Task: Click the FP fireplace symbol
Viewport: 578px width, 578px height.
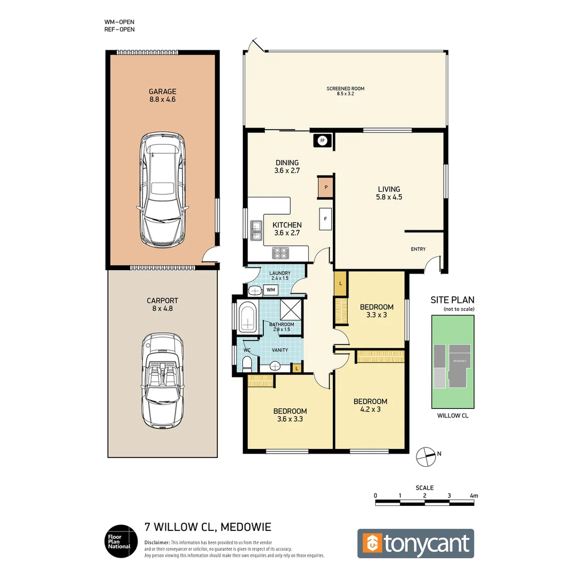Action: tap(322, 141)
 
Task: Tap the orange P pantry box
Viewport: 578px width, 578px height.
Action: tap(326, 188)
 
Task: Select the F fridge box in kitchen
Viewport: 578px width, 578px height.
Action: tap(324, 218)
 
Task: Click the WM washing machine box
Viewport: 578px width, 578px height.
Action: tap(271, 290)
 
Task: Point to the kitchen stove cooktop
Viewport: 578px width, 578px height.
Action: tap(280, 253)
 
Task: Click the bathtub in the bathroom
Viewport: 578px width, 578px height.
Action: tap(248, 317)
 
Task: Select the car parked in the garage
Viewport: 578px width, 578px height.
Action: tap(163, 190)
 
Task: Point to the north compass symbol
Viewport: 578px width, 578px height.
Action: tap(427, 455)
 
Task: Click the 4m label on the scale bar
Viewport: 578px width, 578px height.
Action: tap(473, 496)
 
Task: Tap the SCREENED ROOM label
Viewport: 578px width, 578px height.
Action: tap(346, 91)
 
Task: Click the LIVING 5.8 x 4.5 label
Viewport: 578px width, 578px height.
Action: tap(389, 193)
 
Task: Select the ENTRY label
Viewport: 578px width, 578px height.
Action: tap(418, 249)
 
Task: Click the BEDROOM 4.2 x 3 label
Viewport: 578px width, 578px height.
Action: tap(370, 405)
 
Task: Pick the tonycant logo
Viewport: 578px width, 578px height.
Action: tap(415, 543)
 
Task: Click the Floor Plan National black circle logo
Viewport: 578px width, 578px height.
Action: tap(118, 541)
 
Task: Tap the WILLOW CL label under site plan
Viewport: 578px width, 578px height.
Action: tap(453, 415)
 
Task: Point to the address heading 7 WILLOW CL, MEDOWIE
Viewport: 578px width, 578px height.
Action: tap(208, 527)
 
